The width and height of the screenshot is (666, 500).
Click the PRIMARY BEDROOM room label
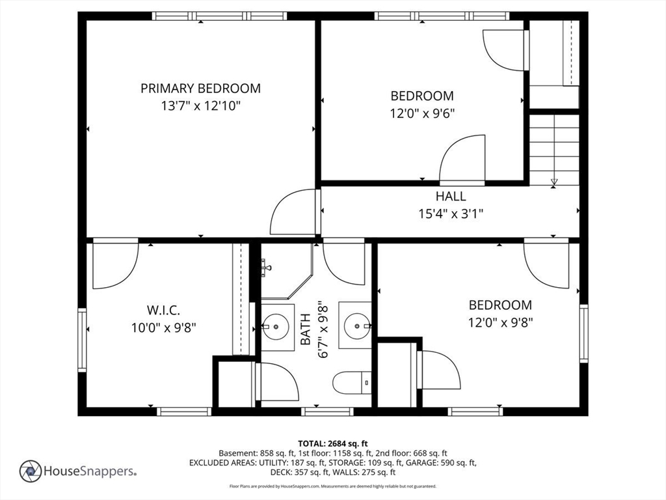(x=200, y=89)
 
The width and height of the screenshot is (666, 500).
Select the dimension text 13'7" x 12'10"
(x=200, y=106)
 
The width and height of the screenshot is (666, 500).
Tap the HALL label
(x=451, y=196)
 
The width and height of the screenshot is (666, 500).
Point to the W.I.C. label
(x=163, y=309)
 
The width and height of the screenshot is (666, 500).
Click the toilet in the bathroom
(x=351, y=382)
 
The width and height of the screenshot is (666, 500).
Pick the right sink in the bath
(x=357, y=324)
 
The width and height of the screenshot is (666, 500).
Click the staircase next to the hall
(x=554, y=148)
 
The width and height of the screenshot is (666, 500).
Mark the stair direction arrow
(x=554, y=182)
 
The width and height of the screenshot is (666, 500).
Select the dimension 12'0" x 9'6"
(x=422, y=113)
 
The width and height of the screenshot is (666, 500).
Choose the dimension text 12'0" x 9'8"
(x=500, y=322)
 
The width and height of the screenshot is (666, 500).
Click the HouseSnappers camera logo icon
(x=30, y=471)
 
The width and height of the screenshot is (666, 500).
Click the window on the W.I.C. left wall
(x=82, y=340)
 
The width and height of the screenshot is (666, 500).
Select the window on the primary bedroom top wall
(x=220, y=16)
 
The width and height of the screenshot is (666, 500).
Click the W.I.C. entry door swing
(x=114, y=264)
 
